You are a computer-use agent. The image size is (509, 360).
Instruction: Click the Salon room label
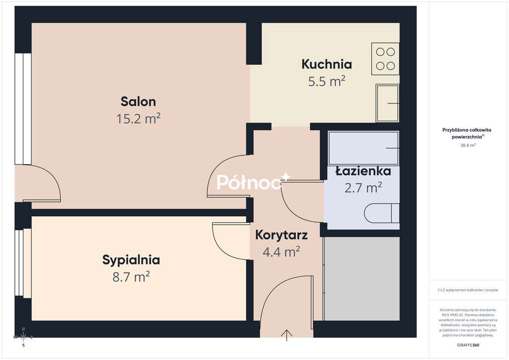138,101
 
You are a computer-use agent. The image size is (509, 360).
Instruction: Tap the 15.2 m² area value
138,118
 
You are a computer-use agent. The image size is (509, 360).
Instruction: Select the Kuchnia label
327,64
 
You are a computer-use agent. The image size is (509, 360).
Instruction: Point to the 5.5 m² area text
327,81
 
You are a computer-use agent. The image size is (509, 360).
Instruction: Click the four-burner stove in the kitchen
386,59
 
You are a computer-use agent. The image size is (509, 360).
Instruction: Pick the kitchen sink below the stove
387,103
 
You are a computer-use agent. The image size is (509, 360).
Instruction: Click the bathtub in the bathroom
363,148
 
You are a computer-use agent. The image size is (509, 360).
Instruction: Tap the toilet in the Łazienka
382,214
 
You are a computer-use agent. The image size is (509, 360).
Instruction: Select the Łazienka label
363,171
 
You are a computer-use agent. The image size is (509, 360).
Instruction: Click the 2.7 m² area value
363,187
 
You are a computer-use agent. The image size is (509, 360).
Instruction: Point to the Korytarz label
281,235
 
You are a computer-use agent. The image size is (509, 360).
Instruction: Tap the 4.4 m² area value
281,252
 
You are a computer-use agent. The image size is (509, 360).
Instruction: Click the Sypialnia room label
131,260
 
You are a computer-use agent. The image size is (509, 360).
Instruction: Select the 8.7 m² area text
131,276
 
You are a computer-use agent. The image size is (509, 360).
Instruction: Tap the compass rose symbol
23,337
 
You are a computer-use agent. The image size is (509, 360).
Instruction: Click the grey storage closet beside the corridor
362,278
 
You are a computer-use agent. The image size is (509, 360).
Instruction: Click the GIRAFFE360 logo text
468,345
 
